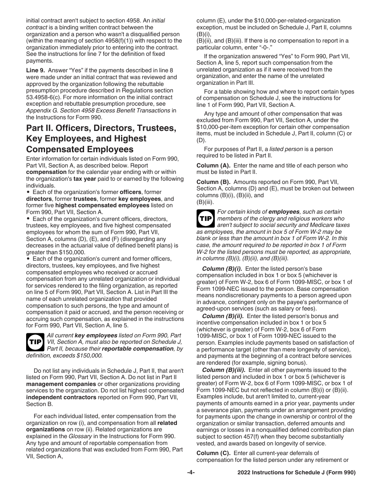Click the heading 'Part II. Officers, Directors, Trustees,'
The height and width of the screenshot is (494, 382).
tap(101, 129)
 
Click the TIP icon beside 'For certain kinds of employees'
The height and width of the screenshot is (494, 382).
tap(205, 218)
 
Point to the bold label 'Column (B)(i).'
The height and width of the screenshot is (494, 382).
tap(222, 269)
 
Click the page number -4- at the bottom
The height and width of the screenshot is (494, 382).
tap(191, 473)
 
